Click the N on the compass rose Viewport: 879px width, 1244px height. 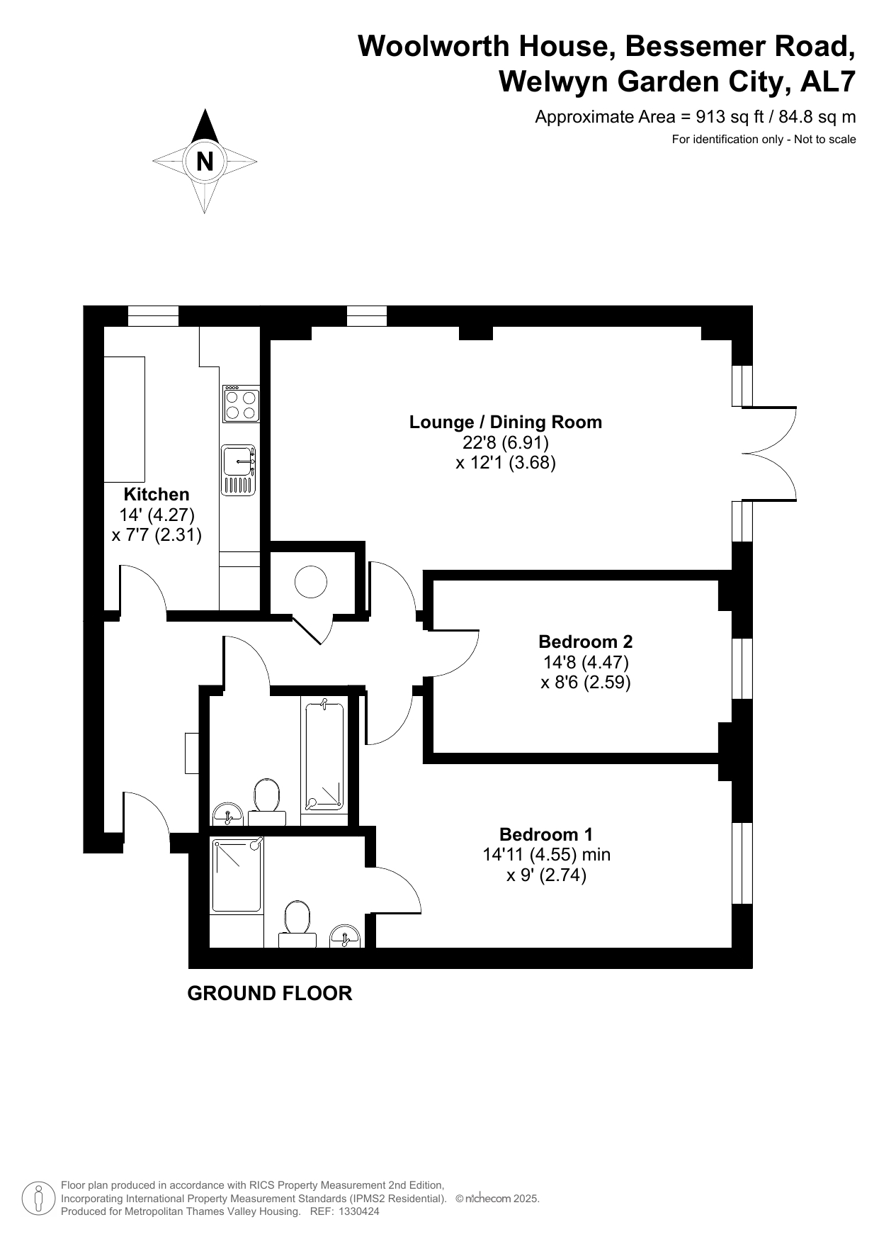(205, 162)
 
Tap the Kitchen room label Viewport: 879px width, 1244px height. (157, 494)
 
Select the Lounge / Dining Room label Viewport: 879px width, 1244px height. (506, 422)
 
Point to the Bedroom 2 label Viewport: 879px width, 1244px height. (585, 641)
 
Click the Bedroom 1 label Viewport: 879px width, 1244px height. (546, 834)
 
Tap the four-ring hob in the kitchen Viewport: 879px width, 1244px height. (241, 404)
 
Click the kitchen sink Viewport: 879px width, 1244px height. (239, 470)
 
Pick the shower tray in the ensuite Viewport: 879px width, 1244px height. (237, 875)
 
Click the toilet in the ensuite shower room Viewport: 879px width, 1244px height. (297, 924)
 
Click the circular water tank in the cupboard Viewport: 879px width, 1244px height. (310, 583)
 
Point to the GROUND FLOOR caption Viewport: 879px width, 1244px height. (270, 993)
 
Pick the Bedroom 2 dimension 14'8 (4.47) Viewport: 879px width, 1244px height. (586, 662)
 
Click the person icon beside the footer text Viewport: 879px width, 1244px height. (39, 1199)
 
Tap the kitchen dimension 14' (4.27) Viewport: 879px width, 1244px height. (157, 515)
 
